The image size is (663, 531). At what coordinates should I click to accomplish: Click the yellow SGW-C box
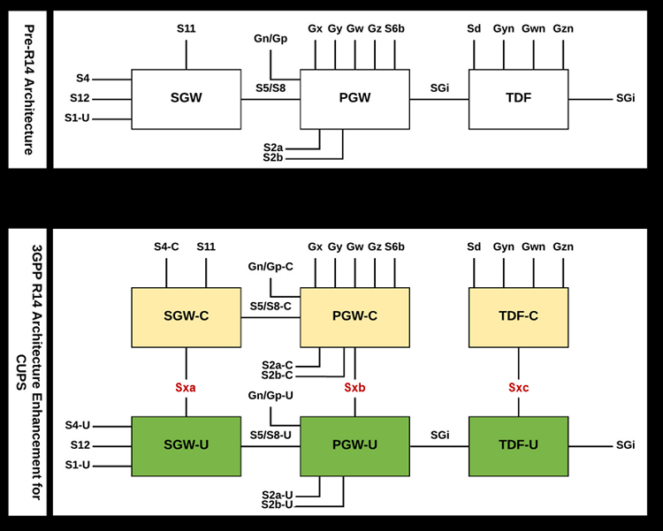[186, 317]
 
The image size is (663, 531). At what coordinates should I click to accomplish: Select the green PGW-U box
[354, 446]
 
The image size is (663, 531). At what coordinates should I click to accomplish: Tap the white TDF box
[518, 99]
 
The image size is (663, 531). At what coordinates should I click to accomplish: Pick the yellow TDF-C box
[518, 317]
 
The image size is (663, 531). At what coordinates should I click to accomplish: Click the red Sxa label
[186, 388]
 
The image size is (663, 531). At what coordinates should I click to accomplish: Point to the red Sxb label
[354, 388]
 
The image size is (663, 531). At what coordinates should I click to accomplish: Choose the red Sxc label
[518, 388]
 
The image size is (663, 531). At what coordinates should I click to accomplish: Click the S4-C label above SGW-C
[166, 247]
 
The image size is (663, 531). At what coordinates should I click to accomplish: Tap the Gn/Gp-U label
[271, 396]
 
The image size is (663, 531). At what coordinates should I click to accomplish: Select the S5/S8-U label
[271, 435]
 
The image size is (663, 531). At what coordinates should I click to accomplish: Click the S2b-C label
[277, 375]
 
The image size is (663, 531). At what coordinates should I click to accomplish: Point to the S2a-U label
[277, 495]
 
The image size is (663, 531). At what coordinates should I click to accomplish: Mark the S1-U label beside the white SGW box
[77, 118]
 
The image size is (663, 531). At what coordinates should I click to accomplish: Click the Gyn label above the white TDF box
[504, 29]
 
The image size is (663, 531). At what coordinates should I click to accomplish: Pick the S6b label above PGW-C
[394, 247]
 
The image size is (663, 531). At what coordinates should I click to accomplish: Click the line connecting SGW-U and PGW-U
[271, 446]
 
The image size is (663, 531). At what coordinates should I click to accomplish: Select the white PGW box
[354, 99]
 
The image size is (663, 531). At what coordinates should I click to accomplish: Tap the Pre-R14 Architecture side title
[28, 89]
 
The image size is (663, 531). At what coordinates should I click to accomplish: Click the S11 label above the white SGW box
[186, 29]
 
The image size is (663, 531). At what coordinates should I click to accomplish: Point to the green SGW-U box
[186, 446]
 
